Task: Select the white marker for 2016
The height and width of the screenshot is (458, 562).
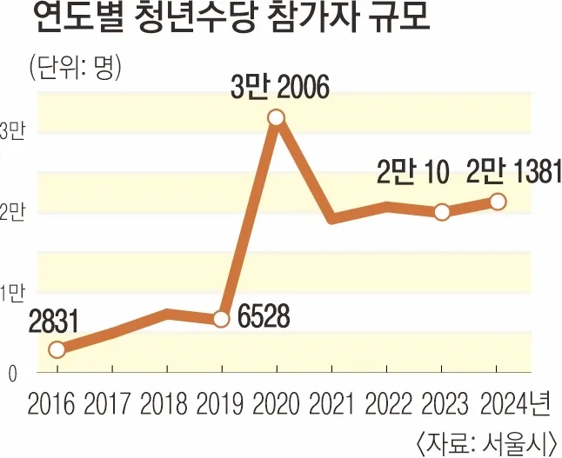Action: click(57, 349)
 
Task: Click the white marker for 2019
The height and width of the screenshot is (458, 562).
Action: click(221, 319)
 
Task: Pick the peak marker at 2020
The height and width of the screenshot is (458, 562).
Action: click(276, 117)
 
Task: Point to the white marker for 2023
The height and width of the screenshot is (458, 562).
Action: click(441, 212)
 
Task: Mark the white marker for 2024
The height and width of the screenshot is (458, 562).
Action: click(497, 202)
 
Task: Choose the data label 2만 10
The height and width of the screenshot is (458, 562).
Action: click(412, 173)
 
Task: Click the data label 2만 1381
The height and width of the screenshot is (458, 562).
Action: click(509, 172)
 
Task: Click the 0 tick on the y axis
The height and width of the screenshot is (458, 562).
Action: click(12, 375)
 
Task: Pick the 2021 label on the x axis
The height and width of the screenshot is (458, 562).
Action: click(331, 403)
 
